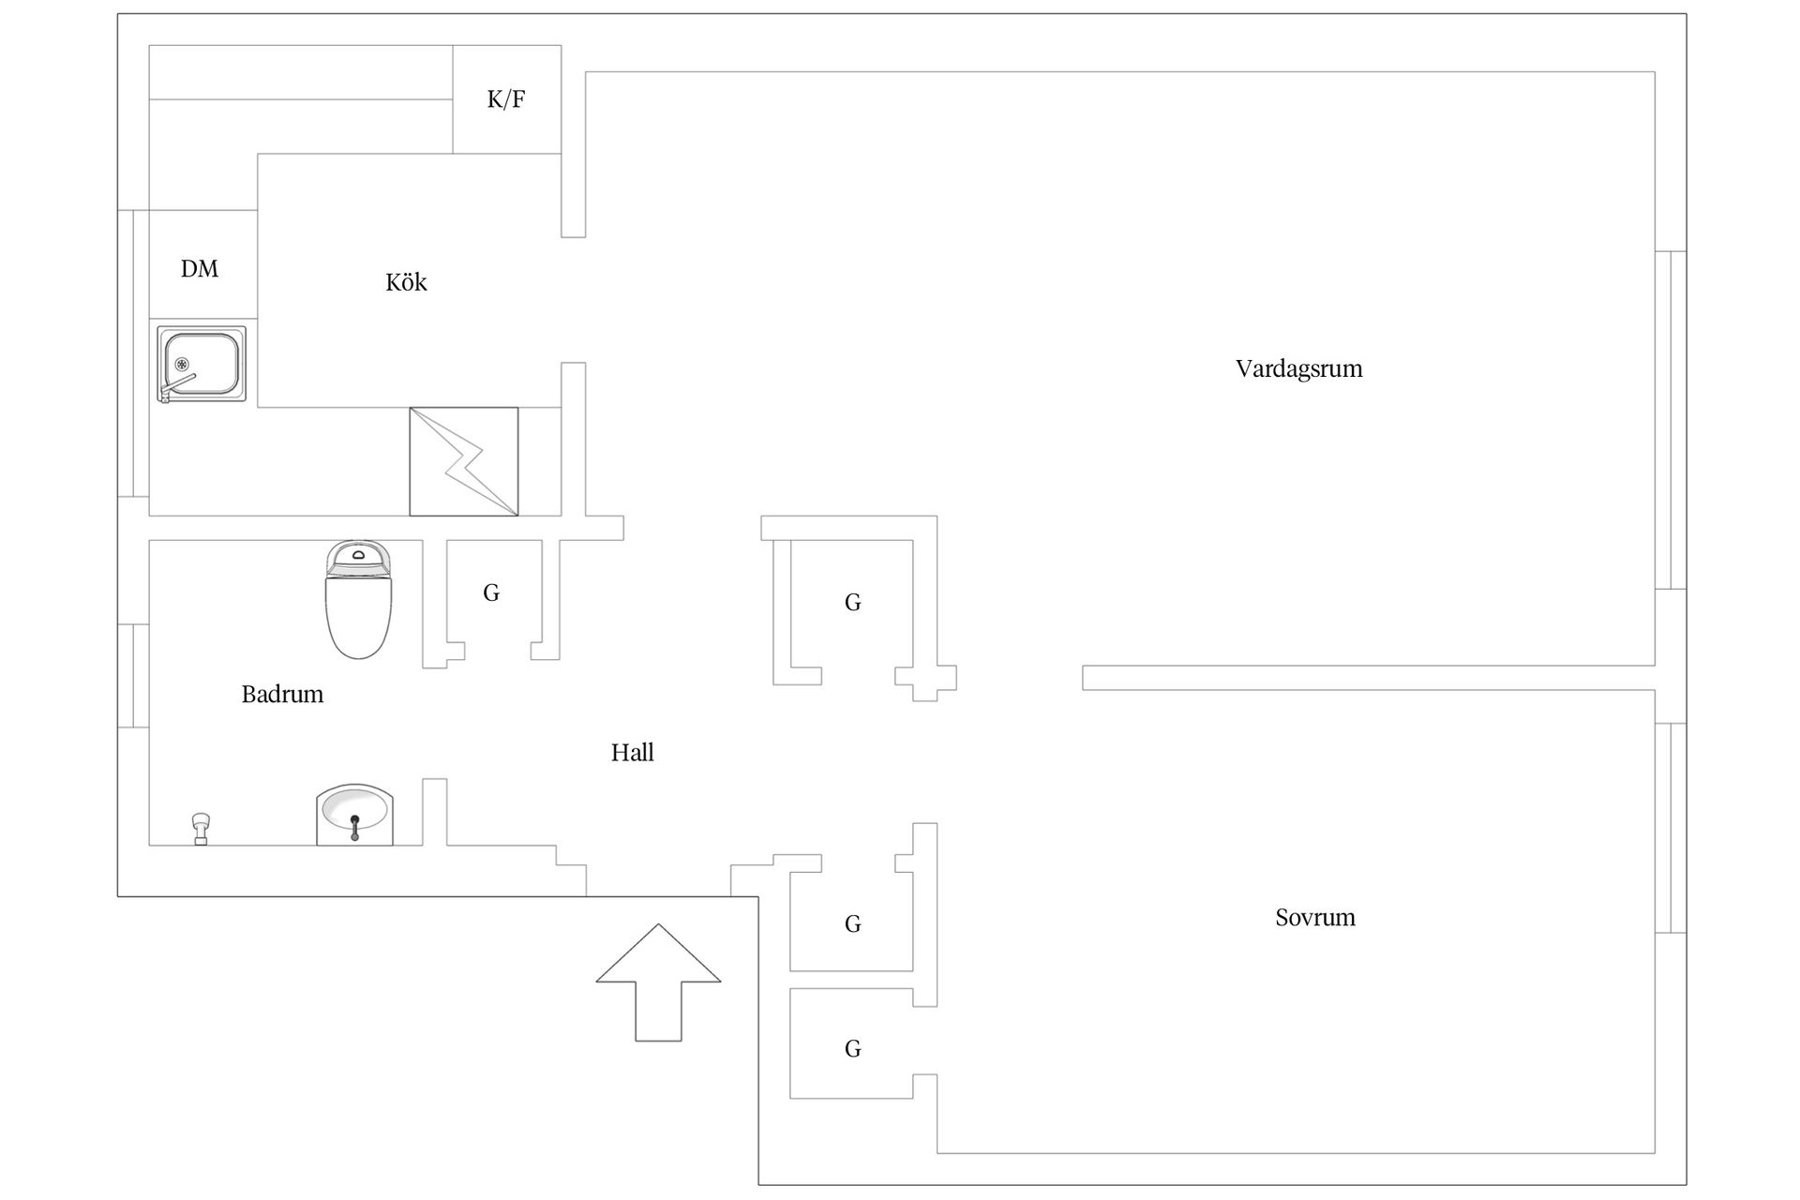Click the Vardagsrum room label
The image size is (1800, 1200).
point(1298,368)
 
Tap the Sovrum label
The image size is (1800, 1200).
point(1314,917)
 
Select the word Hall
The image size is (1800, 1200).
point(632,752)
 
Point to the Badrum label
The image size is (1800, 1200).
point(282,694)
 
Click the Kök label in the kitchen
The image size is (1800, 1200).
point(406,281)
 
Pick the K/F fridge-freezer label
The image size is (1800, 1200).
point(506,99)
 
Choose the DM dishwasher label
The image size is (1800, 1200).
point(200,269)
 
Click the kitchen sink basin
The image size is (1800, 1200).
point(202,365)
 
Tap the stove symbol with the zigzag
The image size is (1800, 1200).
point(464,461)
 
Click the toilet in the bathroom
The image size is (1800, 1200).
point(358,599)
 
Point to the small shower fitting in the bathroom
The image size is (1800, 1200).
point(200,830)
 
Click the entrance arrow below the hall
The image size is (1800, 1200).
point(658,982)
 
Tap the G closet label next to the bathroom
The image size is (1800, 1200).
point(491,592)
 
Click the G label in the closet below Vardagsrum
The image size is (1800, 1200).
point(852,603)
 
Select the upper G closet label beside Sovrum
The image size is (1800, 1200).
point(852,924)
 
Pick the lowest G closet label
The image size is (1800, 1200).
point(852,1049)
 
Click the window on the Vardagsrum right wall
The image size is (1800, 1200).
point(1671,420)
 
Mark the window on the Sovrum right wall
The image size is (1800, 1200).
point(1671,828)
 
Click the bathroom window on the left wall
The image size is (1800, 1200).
point(133,676)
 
